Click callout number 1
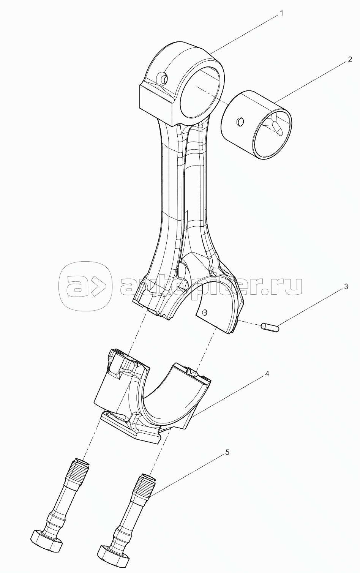281,14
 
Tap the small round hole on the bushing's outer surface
240,122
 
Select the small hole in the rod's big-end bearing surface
205,313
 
